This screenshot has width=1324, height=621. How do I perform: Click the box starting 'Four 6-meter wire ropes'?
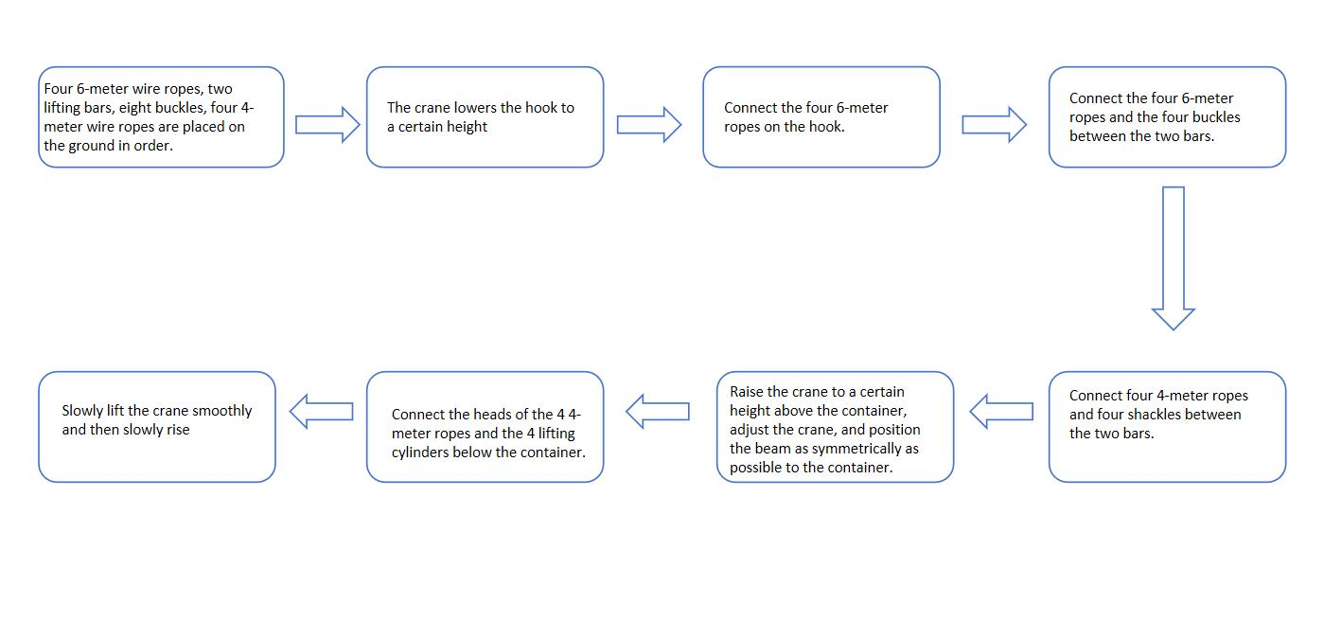[x=162, y=117]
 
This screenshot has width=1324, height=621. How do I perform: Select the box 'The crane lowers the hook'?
[x=485, y=117]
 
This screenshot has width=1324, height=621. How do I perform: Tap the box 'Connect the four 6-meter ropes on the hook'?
[x=821, y=117]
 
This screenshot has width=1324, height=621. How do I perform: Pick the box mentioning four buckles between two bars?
[x=1167, y=117]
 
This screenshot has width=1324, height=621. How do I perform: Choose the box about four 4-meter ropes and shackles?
[x=1167, y=427]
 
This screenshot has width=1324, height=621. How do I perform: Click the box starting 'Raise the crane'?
[x=835, y=427]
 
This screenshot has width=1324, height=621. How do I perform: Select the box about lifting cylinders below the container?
[x=485, y=427]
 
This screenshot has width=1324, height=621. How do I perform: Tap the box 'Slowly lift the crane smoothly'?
[x=157, y=427]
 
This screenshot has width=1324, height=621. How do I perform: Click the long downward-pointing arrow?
[x=1174, y=258]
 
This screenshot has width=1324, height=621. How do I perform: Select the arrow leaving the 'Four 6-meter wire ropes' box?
[x=327, y=125]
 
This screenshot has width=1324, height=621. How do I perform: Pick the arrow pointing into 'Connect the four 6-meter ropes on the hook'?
[x=649, y=125]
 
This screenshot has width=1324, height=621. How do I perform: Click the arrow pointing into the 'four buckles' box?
[x=994, y=125]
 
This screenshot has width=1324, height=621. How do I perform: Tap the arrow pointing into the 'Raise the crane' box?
[x=1002, y=412]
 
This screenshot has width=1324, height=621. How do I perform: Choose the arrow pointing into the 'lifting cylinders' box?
[x=658, y=412]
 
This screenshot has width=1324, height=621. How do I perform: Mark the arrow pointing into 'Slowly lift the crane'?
[x=322, y=412]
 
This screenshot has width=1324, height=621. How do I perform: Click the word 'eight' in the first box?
[x=133, y=108]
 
